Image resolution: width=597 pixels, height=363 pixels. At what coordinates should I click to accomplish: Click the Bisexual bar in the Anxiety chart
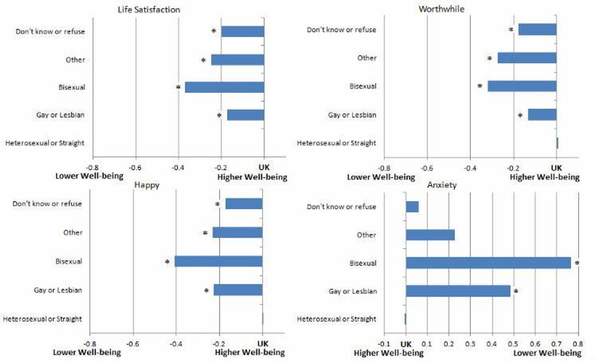coord(488,263)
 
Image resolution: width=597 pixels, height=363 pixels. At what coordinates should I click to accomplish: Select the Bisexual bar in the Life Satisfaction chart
coord(224,87)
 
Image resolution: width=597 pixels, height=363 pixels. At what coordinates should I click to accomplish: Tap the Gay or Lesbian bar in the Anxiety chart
coord(457,291)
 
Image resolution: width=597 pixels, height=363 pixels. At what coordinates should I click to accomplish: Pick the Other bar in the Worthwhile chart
coord(526,58)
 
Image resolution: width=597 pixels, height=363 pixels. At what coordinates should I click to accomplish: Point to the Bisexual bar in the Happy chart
coord(218,261)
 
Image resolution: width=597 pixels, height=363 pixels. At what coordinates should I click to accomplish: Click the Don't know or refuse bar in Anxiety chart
coord(412,207)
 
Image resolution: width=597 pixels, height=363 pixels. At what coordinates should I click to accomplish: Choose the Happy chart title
coord(147,185)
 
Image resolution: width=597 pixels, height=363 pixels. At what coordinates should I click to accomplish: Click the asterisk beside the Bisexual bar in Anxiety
coord(576,264)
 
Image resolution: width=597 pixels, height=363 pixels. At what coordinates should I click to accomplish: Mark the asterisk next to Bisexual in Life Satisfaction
coord(178,88)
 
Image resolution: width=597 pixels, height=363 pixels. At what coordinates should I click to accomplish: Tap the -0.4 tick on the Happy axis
coord(175,343)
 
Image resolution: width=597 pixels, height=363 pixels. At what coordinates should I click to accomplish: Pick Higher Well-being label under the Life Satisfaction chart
coord(252,178)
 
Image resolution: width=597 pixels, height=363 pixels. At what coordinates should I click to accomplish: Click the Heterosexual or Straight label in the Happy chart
coord(43,318)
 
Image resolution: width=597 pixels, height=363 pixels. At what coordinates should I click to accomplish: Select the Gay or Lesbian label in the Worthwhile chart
coord(352,115)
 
